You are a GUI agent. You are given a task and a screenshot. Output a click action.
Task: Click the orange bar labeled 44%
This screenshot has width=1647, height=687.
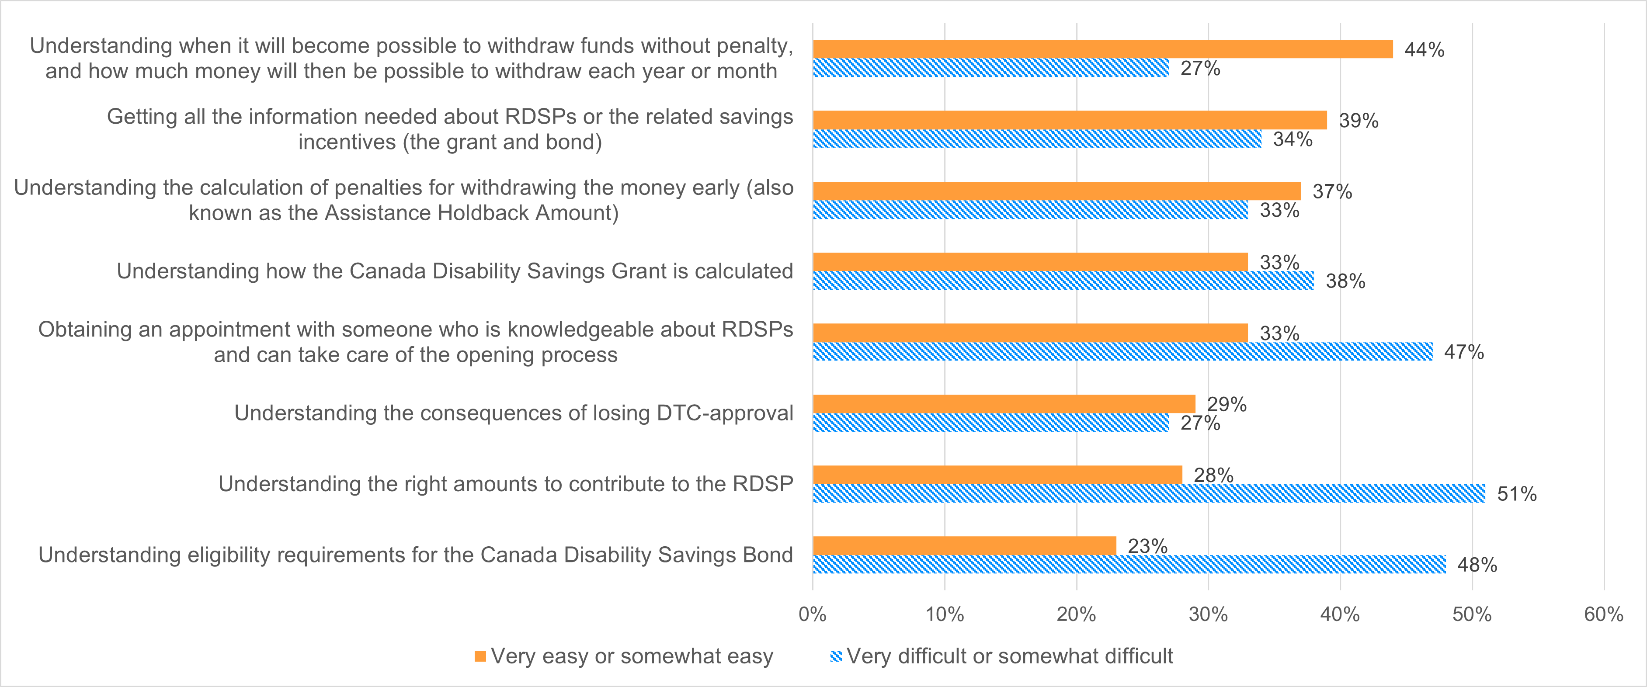click(x=1102, y=49)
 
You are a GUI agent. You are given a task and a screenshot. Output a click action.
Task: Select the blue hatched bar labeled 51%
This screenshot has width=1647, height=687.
click(x=1148, y=493)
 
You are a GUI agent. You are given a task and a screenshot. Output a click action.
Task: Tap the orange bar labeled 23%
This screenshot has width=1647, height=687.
click(x=964, y=546)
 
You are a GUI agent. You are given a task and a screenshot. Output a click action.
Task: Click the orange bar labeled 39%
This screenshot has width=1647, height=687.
click(x=1070, y=120)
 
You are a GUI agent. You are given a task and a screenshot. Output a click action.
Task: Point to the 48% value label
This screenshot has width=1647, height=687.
click(x=1477, y=565)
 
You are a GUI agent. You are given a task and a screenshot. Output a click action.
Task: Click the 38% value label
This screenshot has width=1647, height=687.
click(x=1345, y=281)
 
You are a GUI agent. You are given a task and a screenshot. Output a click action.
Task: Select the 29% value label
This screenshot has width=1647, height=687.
click(x=1227, y=404)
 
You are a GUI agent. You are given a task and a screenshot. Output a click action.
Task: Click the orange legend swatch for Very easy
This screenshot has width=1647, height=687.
click(x=480, y=656)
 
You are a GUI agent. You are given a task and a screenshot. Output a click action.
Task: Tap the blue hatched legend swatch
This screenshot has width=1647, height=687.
click(x=836, y=656)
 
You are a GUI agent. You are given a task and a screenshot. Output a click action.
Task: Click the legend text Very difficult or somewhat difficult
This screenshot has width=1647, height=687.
click(x=1010, y=656)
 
